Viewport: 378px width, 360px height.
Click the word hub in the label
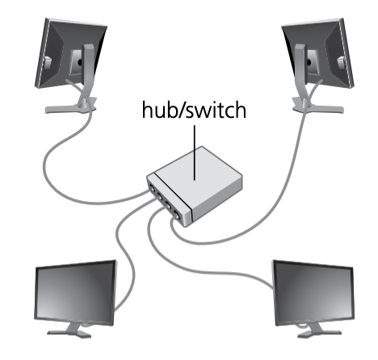pyautogui.click(x=158, y=109)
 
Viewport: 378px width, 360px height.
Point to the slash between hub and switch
pyautogui.click(x=180, y=110)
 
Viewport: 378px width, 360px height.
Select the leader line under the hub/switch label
pyautogui.click(x=195, y=153)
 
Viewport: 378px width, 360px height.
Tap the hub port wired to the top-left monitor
pyautogui.click(x=152, y=189)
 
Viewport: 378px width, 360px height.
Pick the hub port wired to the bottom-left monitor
pyautogui.click(x=159, y=197)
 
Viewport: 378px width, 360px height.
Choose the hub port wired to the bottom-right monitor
pyautogui.click(x=167, y=206)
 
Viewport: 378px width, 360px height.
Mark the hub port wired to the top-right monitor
pyautogui.click(x=176, y=215)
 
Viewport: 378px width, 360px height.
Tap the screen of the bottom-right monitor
pyautogui.click(x=314, y=293)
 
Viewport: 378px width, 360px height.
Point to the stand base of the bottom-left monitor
pyautogui.click(x=69, y=333)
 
